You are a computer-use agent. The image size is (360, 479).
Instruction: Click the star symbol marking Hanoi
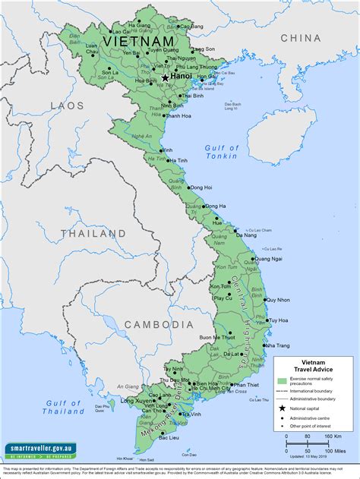(x=165, y=77)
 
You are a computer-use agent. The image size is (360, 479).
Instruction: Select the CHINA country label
(x=301, y=37)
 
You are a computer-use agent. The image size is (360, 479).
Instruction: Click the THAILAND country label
(x=93, y=234)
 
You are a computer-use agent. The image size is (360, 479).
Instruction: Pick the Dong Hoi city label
(x=201, y=187)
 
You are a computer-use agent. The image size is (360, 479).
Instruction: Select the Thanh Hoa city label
(x=178, y=115)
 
